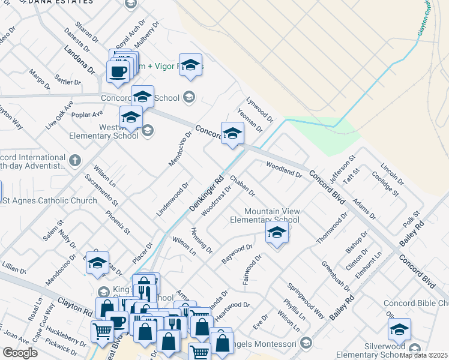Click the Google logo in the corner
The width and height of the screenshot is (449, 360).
(20, 353)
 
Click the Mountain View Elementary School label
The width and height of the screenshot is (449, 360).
(272, 215)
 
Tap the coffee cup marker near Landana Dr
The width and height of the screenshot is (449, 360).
(117, 71)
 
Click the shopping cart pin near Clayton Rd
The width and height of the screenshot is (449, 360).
(102, 331)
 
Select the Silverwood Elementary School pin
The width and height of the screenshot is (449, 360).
(399, 329)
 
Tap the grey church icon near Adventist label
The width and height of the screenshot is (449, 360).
(74, 160)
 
